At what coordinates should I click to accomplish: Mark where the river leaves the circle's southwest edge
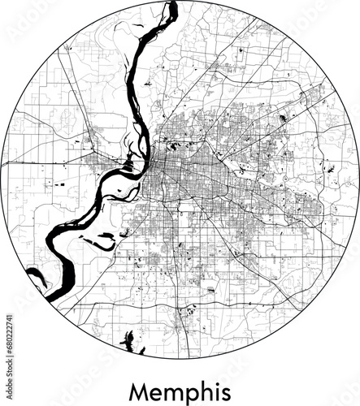pos(50,297)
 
